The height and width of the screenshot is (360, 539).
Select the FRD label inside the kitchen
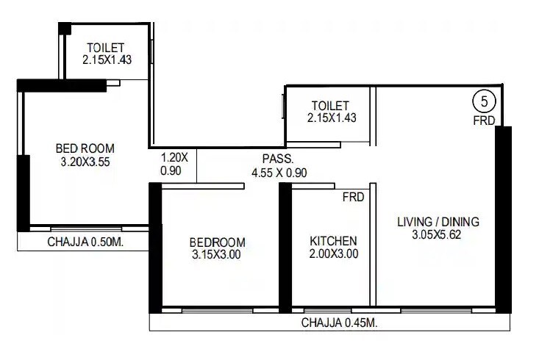(353, 198)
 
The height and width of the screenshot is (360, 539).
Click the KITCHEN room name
(333, 241)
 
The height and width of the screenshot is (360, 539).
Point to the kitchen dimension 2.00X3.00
(333, 255)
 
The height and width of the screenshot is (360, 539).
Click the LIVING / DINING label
(438, 221)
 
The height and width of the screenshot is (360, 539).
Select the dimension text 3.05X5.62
(438, 235)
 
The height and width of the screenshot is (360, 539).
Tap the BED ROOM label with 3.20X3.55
(88, 148)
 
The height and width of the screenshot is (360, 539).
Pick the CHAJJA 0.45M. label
(339, 323)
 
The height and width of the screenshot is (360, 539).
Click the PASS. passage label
(278, 159)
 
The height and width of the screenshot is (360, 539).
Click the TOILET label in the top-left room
(107, 48)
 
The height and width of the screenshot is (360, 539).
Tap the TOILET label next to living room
(329, 106)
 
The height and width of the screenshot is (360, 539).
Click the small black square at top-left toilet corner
(65, 28)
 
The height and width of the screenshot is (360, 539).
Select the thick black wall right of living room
(503, 219)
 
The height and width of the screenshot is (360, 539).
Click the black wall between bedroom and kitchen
(285, 248)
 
